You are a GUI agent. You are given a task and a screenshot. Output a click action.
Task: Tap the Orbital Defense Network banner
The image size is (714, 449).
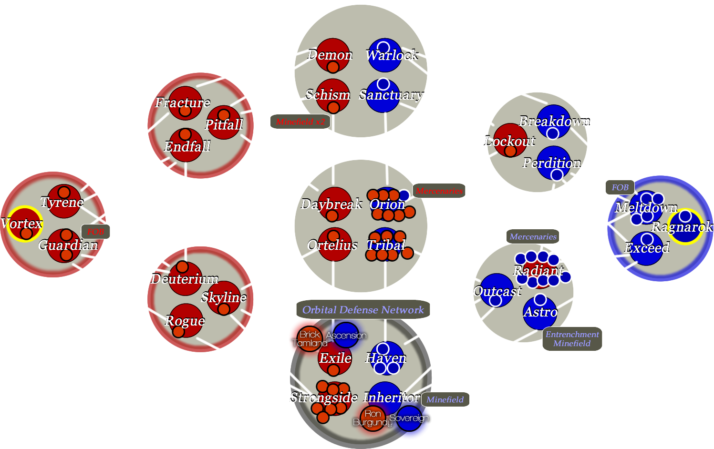(363, 310)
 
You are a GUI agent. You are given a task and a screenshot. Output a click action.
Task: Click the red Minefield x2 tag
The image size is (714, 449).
(300, 122)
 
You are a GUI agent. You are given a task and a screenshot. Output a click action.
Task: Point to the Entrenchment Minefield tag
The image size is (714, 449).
(572, 339)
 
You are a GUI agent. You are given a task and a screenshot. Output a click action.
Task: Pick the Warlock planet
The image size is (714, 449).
(384, 55)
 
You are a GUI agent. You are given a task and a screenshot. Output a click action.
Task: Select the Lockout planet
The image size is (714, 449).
(510, 140)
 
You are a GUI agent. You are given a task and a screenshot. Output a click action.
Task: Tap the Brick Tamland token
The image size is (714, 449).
(310, 338)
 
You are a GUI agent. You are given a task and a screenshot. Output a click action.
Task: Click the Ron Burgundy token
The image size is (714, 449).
(373, 418)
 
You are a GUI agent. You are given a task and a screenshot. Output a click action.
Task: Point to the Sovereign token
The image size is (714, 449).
(409, 418)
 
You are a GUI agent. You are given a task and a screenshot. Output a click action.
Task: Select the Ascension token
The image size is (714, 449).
(346, 335)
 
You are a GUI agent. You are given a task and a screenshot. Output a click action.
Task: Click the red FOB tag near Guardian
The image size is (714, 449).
(95, 232)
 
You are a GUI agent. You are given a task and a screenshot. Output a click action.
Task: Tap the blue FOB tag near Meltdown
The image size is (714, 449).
(620, 187)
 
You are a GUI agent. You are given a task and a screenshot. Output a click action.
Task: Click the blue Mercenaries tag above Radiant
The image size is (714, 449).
(533, 236)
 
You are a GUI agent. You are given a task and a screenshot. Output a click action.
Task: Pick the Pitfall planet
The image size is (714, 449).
(223, 122)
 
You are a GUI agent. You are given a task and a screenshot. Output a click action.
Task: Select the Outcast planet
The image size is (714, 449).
(497, 290)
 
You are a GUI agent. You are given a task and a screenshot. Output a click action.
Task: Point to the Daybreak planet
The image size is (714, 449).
(334, 204)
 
